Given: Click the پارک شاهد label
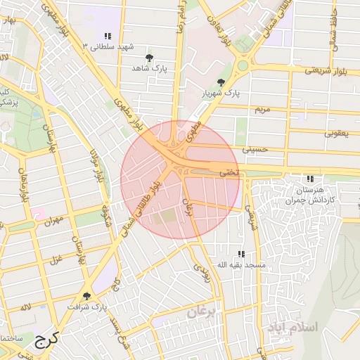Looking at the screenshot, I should (x=148, y=68).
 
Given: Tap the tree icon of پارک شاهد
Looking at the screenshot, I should (x=148, y=58).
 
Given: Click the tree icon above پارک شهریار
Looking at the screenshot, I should (x=222, y=82).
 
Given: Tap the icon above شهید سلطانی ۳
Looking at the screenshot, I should (x=108, y=36).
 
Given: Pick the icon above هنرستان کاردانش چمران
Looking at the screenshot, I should (x=310, y=179).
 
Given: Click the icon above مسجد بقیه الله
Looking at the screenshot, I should (x=241, y=254).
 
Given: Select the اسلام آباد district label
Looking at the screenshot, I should (x=292, y=328).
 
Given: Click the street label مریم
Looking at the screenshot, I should (x=262, y=110).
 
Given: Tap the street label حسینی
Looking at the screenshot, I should (x=255, y=150).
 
